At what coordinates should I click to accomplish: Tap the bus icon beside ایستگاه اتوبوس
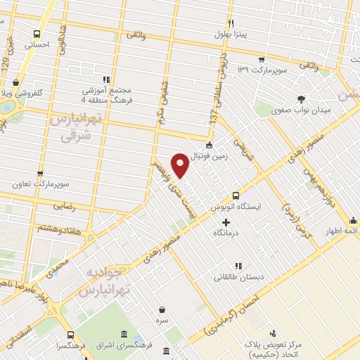236,195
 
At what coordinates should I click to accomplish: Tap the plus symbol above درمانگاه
225,223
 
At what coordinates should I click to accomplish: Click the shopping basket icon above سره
162,309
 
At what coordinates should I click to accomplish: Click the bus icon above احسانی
37,33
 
